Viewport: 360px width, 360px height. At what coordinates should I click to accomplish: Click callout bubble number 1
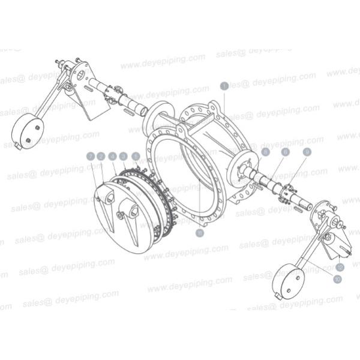(x=224, y=86)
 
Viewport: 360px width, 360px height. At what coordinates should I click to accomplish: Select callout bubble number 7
(x=91, y=156)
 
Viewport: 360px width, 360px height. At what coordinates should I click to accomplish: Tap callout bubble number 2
(x=101, y=156)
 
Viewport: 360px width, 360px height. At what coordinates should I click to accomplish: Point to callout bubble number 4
(x=112, y=156)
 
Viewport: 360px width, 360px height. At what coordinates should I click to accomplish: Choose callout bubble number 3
(x=124, y=156)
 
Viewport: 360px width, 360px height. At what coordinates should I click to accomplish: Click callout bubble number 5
(x=265, y=152)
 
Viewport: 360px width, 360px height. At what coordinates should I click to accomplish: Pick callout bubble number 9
(x=307, y=152)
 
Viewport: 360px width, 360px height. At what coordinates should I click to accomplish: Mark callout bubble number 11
(x=200, y=231)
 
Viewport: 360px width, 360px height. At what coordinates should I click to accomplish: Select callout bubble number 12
(x=340, y=267)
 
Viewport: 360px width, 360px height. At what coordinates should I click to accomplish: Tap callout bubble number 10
(x=337, y=280)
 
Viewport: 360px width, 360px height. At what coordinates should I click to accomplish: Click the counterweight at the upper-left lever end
(x=29, y=130)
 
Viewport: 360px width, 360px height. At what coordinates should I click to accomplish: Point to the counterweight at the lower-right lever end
(x=286, y=283)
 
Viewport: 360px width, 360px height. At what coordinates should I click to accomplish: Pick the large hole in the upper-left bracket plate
(x=80, y=76)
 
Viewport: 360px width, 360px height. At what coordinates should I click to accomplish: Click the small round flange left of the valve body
(x=155, y=117)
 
